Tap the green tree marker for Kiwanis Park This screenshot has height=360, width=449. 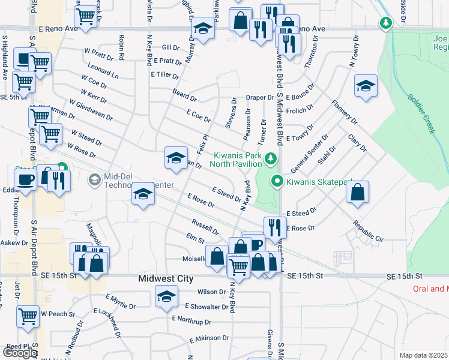(271, 159)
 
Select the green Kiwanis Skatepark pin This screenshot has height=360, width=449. (277, 181)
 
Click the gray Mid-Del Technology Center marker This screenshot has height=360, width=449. (94, 179)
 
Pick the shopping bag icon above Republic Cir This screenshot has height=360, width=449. (357, 192)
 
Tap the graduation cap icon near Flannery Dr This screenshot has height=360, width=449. (365, 86)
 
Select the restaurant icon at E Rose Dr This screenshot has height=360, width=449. (276, 227)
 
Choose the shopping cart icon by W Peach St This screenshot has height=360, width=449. (28, 316)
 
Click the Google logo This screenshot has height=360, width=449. (20, 353)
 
